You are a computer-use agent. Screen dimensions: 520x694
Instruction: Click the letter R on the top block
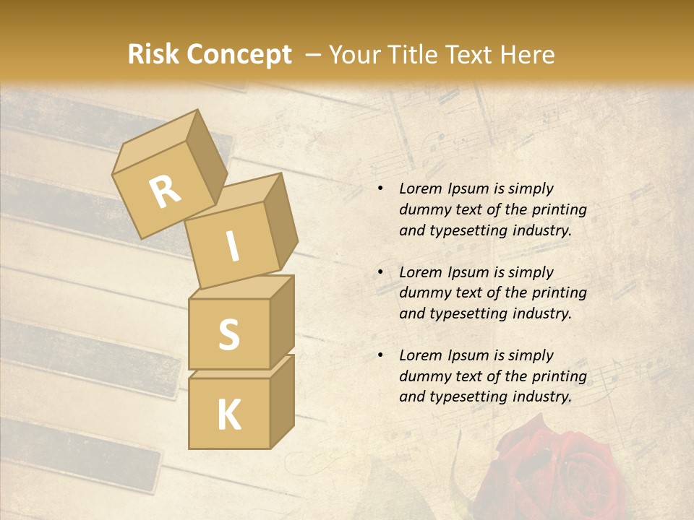coord(165,191)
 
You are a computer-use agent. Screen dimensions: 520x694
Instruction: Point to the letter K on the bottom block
coord(228,415)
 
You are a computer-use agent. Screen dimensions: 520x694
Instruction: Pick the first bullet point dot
coord(380,189)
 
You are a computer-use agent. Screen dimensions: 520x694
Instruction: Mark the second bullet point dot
coord(380,272)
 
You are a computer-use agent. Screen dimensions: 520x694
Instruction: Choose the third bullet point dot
coord(380,355)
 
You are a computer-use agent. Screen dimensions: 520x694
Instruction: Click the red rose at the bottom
coord(557,469)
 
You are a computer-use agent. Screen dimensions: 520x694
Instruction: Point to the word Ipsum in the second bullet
coord(469,272)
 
